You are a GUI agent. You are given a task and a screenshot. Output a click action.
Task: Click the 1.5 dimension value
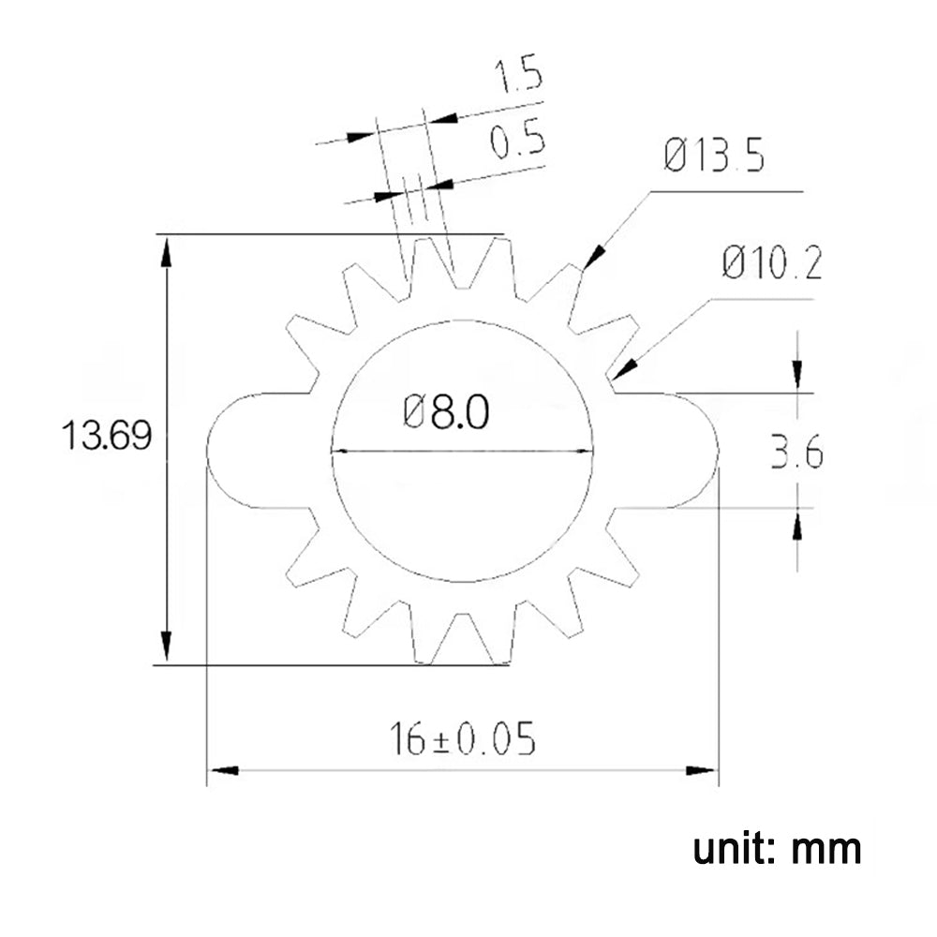(518, 76)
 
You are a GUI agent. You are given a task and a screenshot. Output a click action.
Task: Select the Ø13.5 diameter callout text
(714, 156)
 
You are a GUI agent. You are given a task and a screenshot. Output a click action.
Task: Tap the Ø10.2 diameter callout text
(772, 265)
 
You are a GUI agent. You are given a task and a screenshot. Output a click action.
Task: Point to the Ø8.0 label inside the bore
(446, 412)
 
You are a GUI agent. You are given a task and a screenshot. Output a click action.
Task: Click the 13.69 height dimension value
(106, 436)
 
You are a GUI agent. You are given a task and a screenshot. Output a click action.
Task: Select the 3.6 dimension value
(796, 455)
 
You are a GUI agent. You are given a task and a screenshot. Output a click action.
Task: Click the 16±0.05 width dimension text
(464, 740)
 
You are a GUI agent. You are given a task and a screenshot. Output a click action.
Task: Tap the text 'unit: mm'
(777, 849)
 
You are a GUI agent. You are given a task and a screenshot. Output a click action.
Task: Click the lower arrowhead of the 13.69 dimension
(166, 647)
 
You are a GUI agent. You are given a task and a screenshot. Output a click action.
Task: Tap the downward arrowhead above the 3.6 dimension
(796, 375)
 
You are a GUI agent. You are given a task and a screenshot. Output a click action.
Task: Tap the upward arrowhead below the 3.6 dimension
(796, 526)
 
